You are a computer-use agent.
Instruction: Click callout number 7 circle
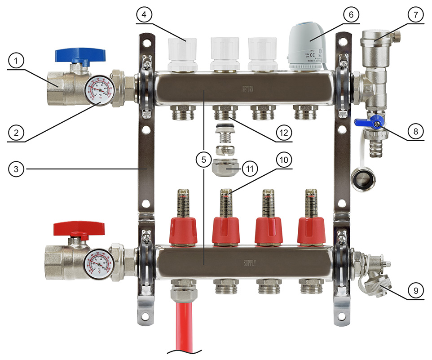click(415, 15)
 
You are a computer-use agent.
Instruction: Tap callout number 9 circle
click(415, 291)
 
